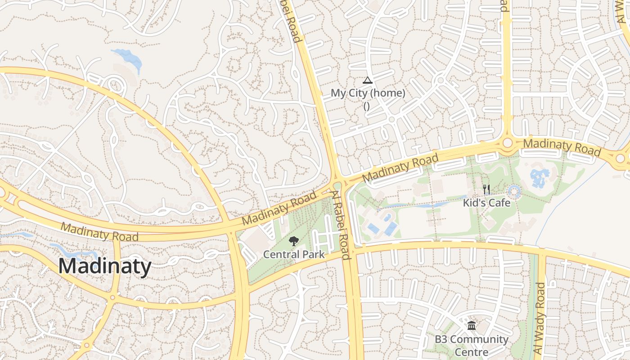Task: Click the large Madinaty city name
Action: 104,266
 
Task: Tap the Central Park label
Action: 293,254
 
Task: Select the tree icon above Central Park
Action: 294,241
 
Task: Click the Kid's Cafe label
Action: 486,203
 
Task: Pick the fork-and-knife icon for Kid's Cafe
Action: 486,189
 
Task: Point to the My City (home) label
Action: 368,93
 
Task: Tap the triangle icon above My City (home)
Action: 368,81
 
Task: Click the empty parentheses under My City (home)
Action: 366,106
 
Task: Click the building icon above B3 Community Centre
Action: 472,325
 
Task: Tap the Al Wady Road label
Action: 539,318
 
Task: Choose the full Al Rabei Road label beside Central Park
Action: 341,225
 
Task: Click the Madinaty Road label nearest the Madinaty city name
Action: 99,231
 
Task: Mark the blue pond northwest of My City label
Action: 129,57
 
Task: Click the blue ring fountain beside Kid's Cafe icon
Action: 514,191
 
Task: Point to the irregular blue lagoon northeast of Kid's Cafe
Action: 539,178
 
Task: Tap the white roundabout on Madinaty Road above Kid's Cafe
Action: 508,143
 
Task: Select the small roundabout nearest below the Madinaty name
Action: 112,297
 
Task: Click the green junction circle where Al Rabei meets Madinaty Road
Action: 337,185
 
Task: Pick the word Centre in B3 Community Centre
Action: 471,351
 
